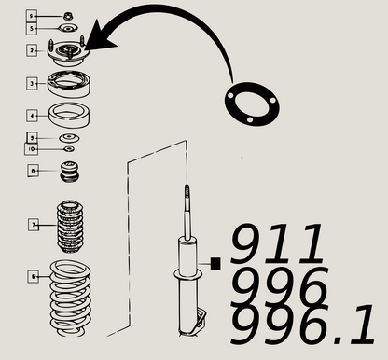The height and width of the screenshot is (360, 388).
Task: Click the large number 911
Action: (x=279, y=244)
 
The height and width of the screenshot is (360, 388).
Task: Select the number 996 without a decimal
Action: (x=280, y=284)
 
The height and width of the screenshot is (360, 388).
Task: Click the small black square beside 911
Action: (x=216, y=264)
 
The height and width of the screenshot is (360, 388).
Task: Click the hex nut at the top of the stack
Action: (x=68, y=16)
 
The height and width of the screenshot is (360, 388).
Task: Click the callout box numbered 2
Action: (x=32, y=50)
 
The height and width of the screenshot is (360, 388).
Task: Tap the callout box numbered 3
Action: (x=32, y=83)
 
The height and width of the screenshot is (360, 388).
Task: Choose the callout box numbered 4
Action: (x=32, y=117)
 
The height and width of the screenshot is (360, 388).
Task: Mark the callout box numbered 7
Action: (x=33, y=225)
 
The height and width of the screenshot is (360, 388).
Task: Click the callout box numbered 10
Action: (x=32, y=148)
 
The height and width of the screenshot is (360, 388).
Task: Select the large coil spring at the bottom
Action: (x=70, y=299)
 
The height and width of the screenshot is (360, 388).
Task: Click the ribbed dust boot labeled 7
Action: (x=70, y=227)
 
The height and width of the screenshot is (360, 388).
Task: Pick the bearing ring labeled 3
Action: (x=69, y=83)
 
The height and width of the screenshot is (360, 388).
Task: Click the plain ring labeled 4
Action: (x=69, y=117)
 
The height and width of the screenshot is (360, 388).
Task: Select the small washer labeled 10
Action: (x=68, y=149)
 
